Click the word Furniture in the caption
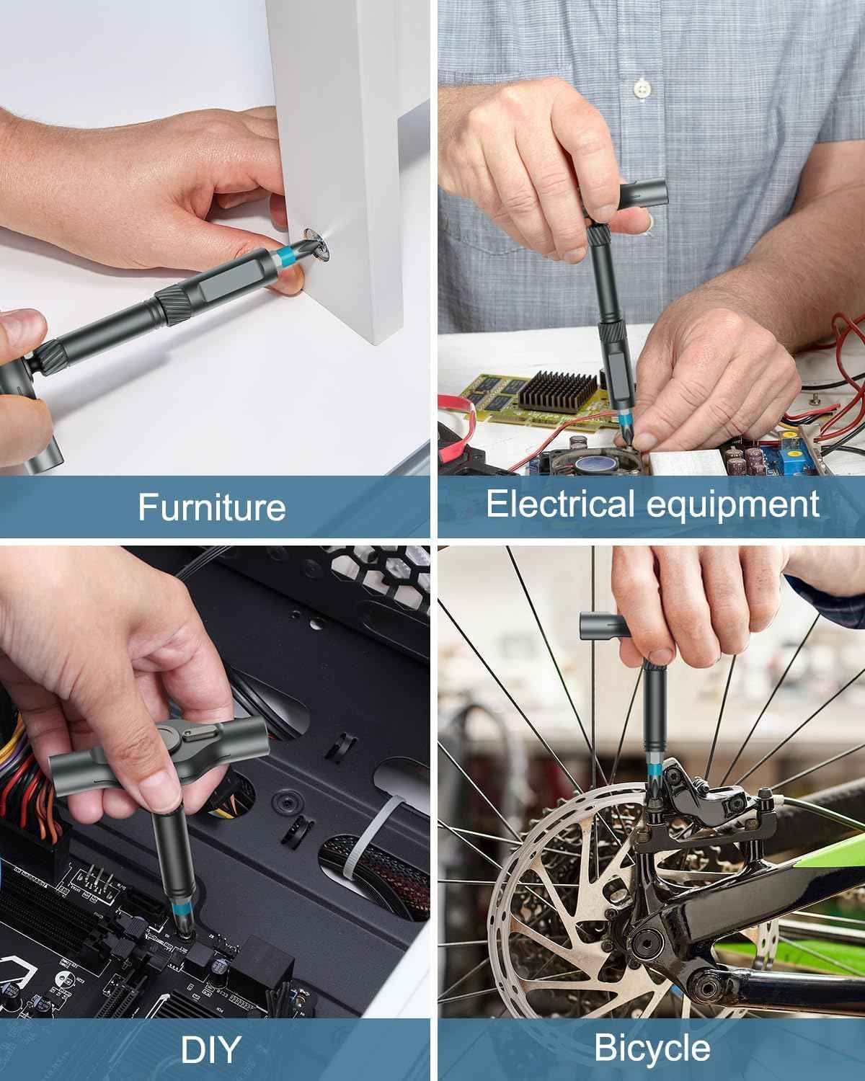[211, 507]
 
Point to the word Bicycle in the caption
[652, 1049]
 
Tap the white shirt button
[641, 89]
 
